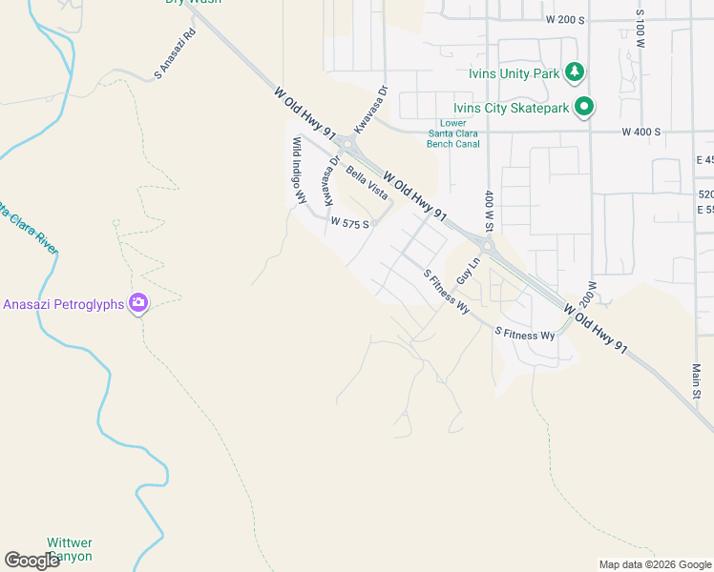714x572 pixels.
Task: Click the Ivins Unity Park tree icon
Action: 574,71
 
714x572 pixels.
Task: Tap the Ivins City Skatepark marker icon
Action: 584,107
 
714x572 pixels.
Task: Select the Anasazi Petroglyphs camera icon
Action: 139,303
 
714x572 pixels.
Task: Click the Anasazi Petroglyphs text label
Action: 64,304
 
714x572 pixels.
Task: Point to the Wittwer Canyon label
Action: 71,549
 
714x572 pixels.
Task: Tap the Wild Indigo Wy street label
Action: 299,171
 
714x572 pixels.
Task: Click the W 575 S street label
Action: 349,221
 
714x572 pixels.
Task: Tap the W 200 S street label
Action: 564,19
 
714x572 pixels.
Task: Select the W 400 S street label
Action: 640,132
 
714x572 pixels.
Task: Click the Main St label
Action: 697,380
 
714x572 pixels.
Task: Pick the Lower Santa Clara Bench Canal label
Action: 452,134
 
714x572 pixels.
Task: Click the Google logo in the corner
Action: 31,560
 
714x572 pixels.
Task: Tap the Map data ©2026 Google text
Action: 655,564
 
